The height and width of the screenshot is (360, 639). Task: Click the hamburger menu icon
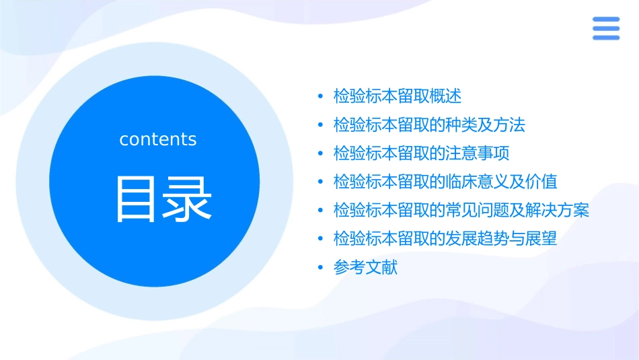coord(605,28)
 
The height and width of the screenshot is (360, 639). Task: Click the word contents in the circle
coord(158,139)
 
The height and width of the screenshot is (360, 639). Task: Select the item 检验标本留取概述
coord(398,96)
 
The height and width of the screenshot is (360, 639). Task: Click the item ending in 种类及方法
coord(429,125)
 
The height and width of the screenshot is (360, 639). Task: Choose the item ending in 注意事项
coord(421,153)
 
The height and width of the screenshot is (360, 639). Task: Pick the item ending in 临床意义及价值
coord(445,182)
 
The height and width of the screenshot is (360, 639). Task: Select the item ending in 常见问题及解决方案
coord(461,211)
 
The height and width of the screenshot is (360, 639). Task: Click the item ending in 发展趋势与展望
coord(445,239)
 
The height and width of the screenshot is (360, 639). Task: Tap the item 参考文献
coord(365,268)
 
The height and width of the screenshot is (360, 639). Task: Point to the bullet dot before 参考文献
coord(321,268)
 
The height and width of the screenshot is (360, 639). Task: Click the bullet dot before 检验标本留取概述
coord(321,96)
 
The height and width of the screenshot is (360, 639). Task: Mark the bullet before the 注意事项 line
coord(321,153)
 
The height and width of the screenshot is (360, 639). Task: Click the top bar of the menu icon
coord(605,20)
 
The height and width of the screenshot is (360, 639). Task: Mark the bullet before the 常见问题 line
coord(321,211)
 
